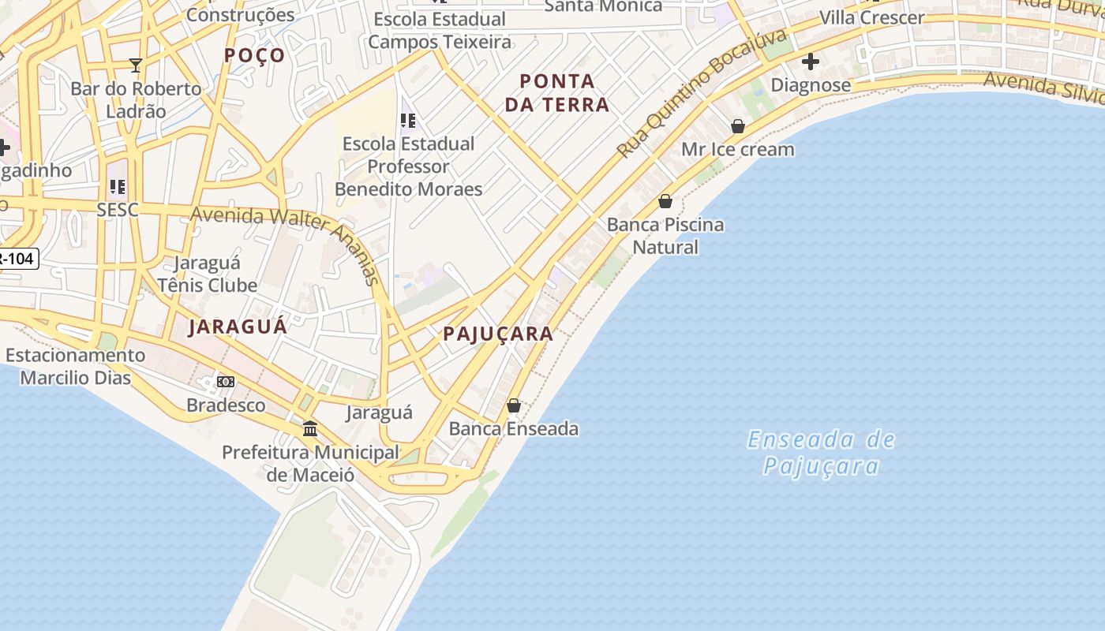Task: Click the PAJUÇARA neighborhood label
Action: [498, 334]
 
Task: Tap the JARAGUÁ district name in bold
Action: [238, 327]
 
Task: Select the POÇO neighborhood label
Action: [254, 55]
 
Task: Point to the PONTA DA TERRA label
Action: [557, 92]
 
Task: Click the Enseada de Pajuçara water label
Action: [821, 452]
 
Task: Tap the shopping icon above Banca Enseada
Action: [514, 405]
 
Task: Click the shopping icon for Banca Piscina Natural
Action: [665, 201]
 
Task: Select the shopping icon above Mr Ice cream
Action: [738, 126]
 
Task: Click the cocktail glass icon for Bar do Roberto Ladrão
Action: [136, 65]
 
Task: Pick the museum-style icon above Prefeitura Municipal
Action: [310, 429]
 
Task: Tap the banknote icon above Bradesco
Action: [226, 382]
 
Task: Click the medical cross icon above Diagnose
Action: [810, 62]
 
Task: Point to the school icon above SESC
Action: [117, 187]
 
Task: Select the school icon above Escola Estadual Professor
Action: [408, 121]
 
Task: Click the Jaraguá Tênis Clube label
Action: [208, 274]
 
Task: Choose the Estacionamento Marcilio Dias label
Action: [75, 366]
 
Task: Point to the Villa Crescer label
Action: [871, 17]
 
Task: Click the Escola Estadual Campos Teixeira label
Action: [440, 30]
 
